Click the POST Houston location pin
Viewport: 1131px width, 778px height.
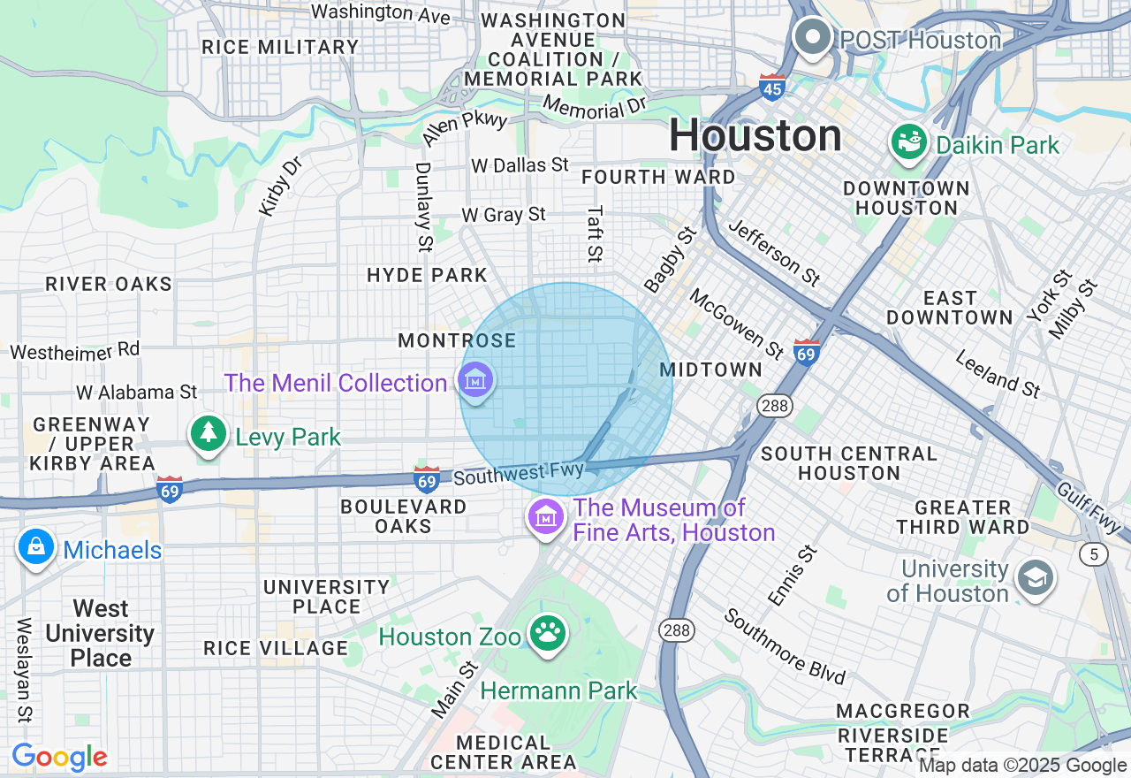(812, 37)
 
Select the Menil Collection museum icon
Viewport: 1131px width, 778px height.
(476, 380)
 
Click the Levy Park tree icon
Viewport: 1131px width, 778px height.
(208, 433)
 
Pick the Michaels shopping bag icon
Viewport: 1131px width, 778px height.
(35, 547)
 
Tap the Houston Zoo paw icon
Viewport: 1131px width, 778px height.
(548, 632)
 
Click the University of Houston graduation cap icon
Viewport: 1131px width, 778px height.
(1033, 578)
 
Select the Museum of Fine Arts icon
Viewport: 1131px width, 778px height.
(547, 515)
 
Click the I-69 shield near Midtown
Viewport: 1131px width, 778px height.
(806, 352)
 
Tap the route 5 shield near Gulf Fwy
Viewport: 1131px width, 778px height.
(1093, 554)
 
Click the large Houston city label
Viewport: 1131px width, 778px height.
(755, 136)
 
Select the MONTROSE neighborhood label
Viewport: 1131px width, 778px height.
(457, 341)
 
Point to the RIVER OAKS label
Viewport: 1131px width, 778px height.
(109, 285)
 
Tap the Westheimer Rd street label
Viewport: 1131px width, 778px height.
(75, 351)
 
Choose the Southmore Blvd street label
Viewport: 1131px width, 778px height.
(785, 646)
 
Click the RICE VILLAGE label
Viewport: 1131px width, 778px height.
(276, 648)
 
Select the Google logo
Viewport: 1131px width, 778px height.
(59, 757)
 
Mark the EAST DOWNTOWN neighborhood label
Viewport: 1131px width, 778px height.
(950, 308)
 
